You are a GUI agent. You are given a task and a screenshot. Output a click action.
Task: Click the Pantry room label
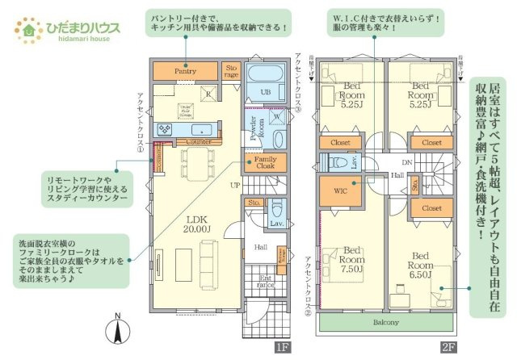pyautogui.click(x=186, y=71)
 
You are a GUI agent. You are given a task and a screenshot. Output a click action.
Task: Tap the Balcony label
pyautogui.click(x=386, y=322)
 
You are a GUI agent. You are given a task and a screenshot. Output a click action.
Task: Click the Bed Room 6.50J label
pyautogui.click(x=420, y=262)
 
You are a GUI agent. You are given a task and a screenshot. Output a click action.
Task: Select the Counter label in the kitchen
pyautogui.click(x=198, y=141)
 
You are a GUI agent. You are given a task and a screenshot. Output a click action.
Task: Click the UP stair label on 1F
pyautogui.click(x=235, y=185)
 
